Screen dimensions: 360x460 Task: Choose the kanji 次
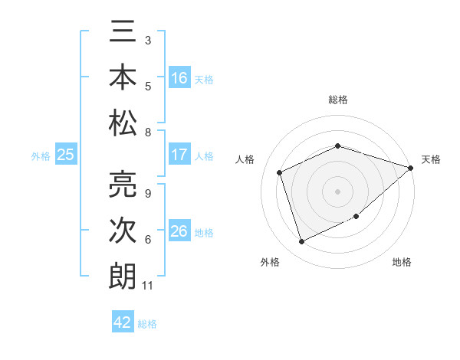[x=123, y=231]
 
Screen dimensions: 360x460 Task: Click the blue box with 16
[x=179, y=78]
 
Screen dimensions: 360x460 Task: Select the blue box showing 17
[x=179, y=155]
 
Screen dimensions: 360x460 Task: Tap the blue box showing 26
[x=179, y=231]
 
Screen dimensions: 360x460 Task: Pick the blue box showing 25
[x=66, y=155]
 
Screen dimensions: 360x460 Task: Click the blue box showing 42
[x=123, y=322]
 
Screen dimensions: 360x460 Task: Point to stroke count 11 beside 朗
[x=148, y=286]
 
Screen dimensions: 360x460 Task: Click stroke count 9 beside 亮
[x=148, y=193]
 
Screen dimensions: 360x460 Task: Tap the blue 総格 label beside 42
[x=148, y=324]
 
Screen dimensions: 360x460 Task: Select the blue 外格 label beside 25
[x=41, y=156]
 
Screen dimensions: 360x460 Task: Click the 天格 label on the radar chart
[x=431, y=159]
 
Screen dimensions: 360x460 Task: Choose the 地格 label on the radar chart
[x=402, y=263]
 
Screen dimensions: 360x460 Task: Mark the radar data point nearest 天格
[x=411, y=168]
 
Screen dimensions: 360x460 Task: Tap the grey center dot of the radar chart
[x=337, y=191]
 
